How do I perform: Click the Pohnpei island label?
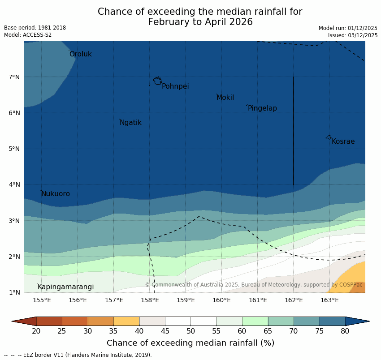175,86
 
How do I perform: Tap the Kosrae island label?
343,141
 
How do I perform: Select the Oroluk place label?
81,54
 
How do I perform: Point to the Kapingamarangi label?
66,287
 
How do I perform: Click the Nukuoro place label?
56,194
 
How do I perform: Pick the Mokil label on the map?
225,98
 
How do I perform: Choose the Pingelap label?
262,108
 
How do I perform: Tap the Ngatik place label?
130,123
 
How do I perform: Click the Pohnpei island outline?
157,81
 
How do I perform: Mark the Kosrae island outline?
329,137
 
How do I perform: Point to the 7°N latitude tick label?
14,77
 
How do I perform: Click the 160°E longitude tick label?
221,300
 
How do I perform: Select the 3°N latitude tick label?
14,221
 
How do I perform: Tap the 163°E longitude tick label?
329,300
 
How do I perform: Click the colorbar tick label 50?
190,331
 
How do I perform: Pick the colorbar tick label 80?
345,331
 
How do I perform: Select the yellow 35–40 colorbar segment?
126,321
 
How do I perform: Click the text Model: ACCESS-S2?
28,35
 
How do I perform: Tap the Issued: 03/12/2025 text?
353,35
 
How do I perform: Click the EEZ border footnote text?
78,355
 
